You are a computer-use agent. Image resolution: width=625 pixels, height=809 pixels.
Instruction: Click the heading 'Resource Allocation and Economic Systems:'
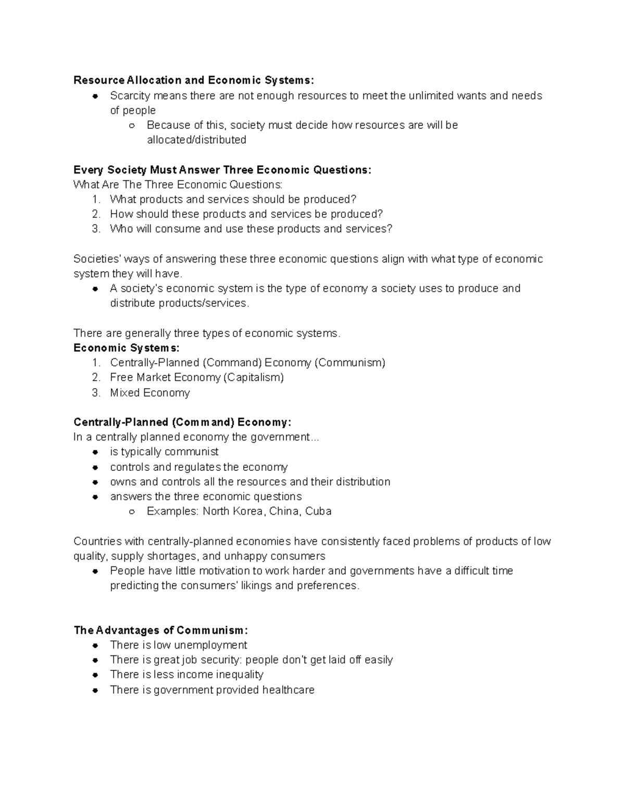(x=194, y=80)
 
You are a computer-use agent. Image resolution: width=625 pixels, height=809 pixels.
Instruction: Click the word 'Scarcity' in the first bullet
(x=130, y=96)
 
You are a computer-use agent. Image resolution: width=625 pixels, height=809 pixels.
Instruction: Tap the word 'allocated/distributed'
(x=196, y=140)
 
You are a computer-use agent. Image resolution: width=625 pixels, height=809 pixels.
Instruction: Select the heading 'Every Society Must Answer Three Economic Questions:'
(x=222, y=170)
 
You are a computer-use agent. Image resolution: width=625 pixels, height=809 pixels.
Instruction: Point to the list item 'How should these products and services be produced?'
(x=246, y=214)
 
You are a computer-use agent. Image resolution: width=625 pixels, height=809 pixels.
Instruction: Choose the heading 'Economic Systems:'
(x=127, y=348)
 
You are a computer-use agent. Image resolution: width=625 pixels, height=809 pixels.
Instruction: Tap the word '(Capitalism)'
(x=254, y=377)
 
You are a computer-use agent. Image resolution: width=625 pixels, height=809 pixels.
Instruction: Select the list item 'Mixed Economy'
(x=150, y=393)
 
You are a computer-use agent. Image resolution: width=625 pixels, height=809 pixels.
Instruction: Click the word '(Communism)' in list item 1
(x=349, y=363)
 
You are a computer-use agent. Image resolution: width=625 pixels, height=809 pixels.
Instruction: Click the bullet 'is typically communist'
(x=164, y=452)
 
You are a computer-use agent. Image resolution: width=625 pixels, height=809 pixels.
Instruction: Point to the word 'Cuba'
(x=318, y=511)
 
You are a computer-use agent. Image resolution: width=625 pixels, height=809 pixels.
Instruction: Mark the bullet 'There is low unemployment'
(x=178, y=645)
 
